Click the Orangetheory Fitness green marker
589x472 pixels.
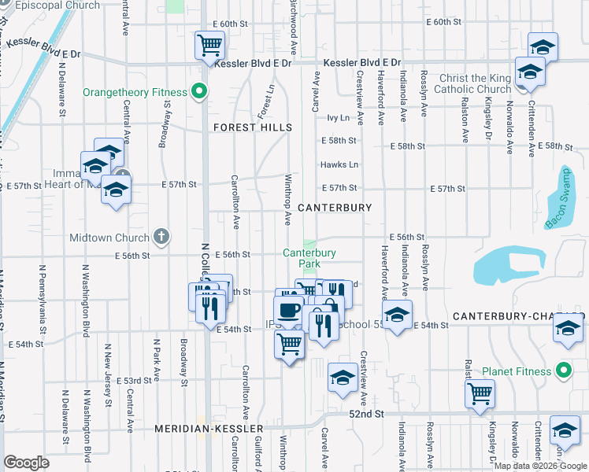tap(200, 92)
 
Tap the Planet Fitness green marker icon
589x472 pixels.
tap(563, 370)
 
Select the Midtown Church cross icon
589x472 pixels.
tap(161, 237)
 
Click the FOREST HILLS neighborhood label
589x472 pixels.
tap(253, 127)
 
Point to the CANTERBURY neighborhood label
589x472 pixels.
tap(335, 208)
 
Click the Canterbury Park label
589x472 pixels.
tap(309, 258)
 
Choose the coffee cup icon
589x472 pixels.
tap(289, 309)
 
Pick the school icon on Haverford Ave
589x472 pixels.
tap(398, 315)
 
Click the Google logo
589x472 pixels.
tap(26, 463)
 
